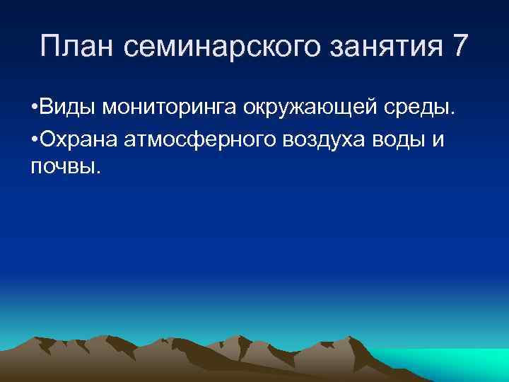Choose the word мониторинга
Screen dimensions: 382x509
pyautogui.click(x=171, y=108)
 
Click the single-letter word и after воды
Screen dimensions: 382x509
pyautogui.click(x=438, y=140)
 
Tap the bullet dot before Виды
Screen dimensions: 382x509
pyautogui.click(x=35, y=108)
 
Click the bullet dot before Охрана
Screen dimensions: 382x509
pyautogui.click(x=35, y=139)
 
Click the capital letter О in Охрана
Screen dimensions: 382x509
pyautogui.click(x=48, y=139)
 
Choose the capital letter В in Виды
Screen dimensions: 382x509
pyautogui.click(x=47, y=108)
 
